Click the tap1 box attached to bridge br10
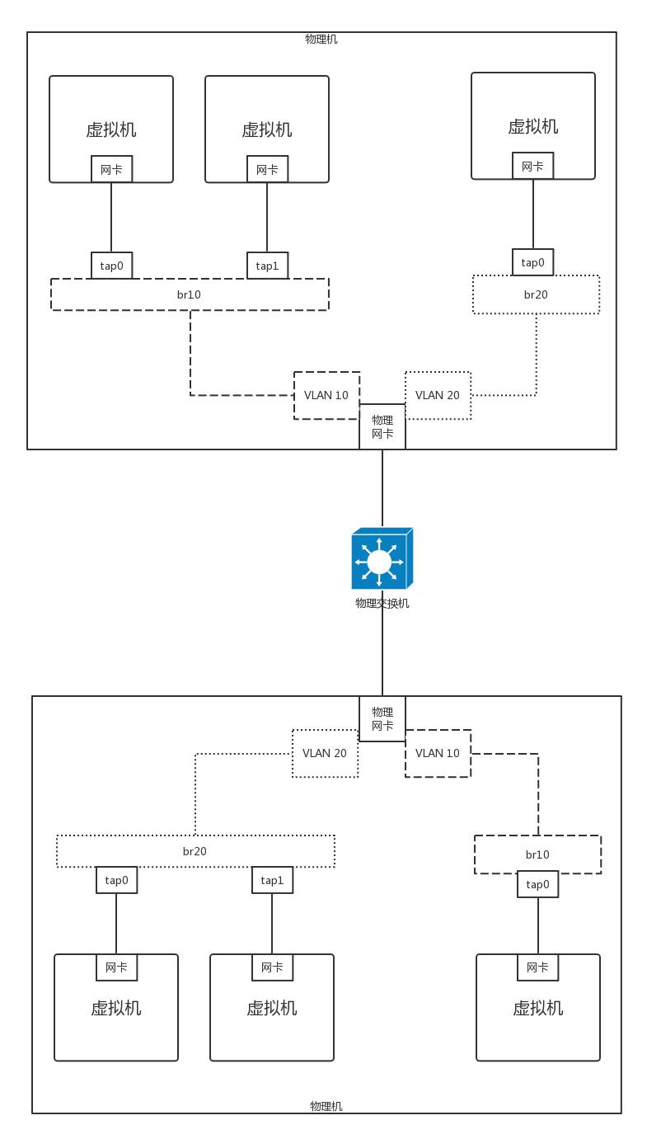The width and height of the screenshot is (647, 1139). (267, 266)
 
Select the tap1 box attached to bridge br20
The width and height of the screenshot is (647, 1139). (273, 880)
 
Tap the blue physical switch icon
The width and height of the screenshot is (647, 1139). (382, 558)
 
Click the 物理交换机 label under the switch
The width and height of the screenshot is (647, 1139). (382, 603)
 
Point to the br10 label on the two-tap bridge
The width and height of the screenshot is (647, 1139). (189, 294)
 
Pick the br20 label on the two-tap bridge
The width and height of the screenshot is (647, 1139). (195, 851)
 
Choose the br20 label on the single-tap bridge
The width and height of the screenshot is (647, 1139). (536, 294)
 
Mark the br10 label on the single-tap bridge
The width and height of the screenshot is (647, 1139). (537, 854)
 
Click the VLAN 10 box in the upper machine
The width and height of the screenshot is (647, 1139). (326, 396)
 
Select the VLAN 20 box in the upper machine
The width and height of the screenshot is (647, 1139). (438, 396)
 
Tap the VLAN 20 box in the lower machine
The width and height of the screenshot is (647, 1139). (325, 754)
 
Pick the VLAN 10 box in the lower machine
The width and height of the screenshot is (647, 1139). (438, 754)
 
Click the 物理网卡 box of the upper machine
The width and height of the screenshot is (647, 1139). (382, 426)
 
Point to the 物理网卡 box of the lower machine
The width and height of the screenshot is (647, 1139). (382, 718)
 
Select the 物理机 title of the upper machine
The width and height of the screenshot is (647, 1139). (321, 39)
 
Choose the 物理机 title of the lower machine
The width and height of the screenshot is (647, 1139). (326, 1106)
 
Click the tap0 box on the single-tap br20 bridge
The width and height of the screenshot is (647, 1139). (532, 262)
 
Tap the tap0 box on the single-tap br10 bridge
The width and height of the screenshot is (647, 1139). (537, 884)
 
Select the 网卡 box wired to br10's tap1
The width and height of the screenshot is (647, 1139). (267, 169)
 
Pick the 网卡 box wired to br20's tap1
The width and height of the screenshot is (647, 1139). (273, 967)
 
